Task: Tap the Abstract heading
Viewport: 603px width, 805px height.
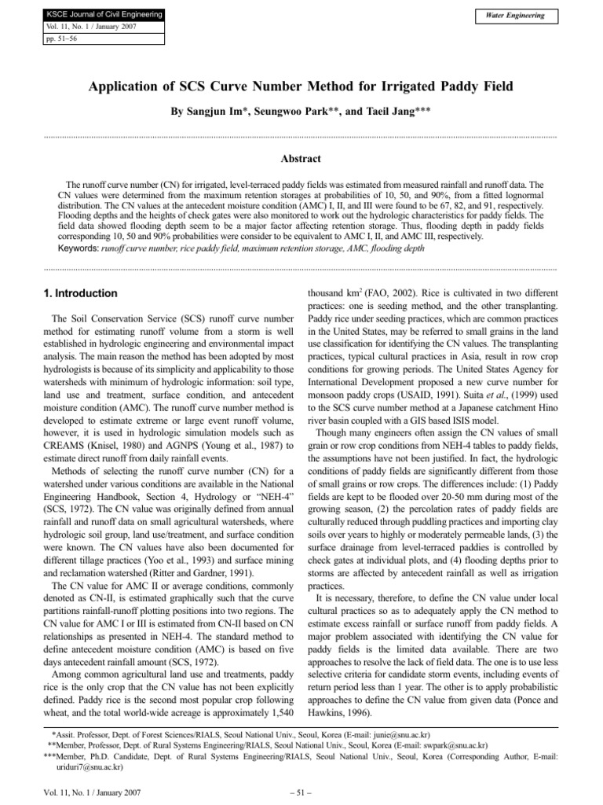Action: (301, 158)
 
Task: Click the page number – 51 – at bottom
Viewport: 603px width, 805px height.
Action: (301, 793)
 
